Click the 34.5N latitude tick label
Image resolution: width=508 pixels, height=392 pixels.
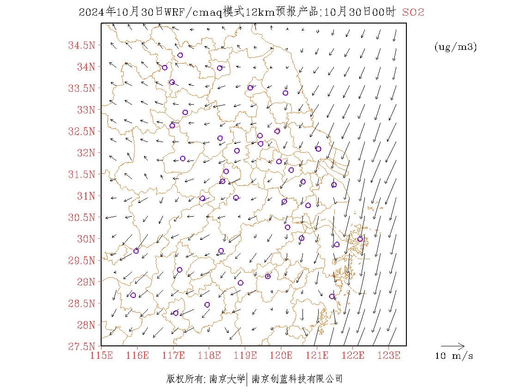(82, 45)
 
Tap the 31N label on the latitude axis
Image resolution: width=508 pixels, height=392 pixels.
(85, 196)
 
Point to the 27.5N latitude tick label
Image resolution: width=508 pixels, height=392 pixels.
(82, 346)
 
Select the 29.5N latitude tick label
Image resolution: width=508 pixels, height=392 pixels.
(82, 260)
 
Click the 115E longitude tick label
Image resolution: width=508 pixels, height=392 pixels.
(102, 355)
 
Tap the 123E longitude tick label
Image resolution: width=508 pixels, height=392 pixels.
(389, 355)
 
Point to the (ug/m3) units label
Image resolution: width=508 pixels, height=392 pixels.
(455, 47)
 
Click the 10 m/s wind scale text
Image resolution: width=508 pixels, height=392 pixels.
(454, 356)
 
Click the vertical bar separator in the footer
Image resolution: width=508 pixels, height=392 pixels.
(248, 379)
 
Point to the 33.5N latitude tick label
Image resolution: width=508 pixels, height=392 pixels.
(82, 88)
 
